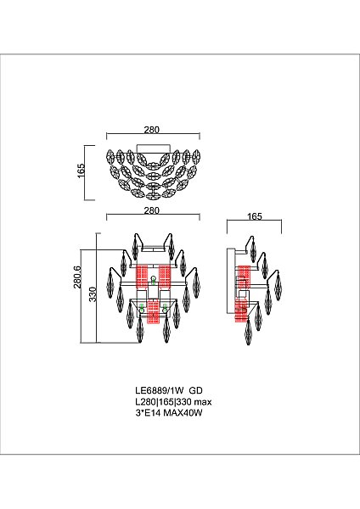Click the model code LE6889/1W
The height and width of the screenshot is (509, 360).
pyautogui.click(x=160, y=390)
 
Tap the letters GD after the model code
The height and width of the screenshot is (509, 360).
pyautogui.click(x=196, y=390)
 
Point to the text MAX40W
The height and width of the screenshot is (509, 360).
pyautogui.click(x=183, y=413)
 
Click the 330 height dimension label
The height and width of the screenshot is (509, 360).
pyautogui.click(x=93, y=294)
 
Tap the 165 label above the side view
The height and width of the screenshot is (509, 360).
pyautogui.click(x=255, y=216)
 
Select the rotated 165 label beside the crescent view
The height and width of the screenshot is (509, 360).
pyautogui.click(x=81, y=171)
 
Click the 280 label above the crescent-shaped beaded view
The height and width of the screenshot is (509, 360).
pyautogui.click(x=152, y=130)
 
